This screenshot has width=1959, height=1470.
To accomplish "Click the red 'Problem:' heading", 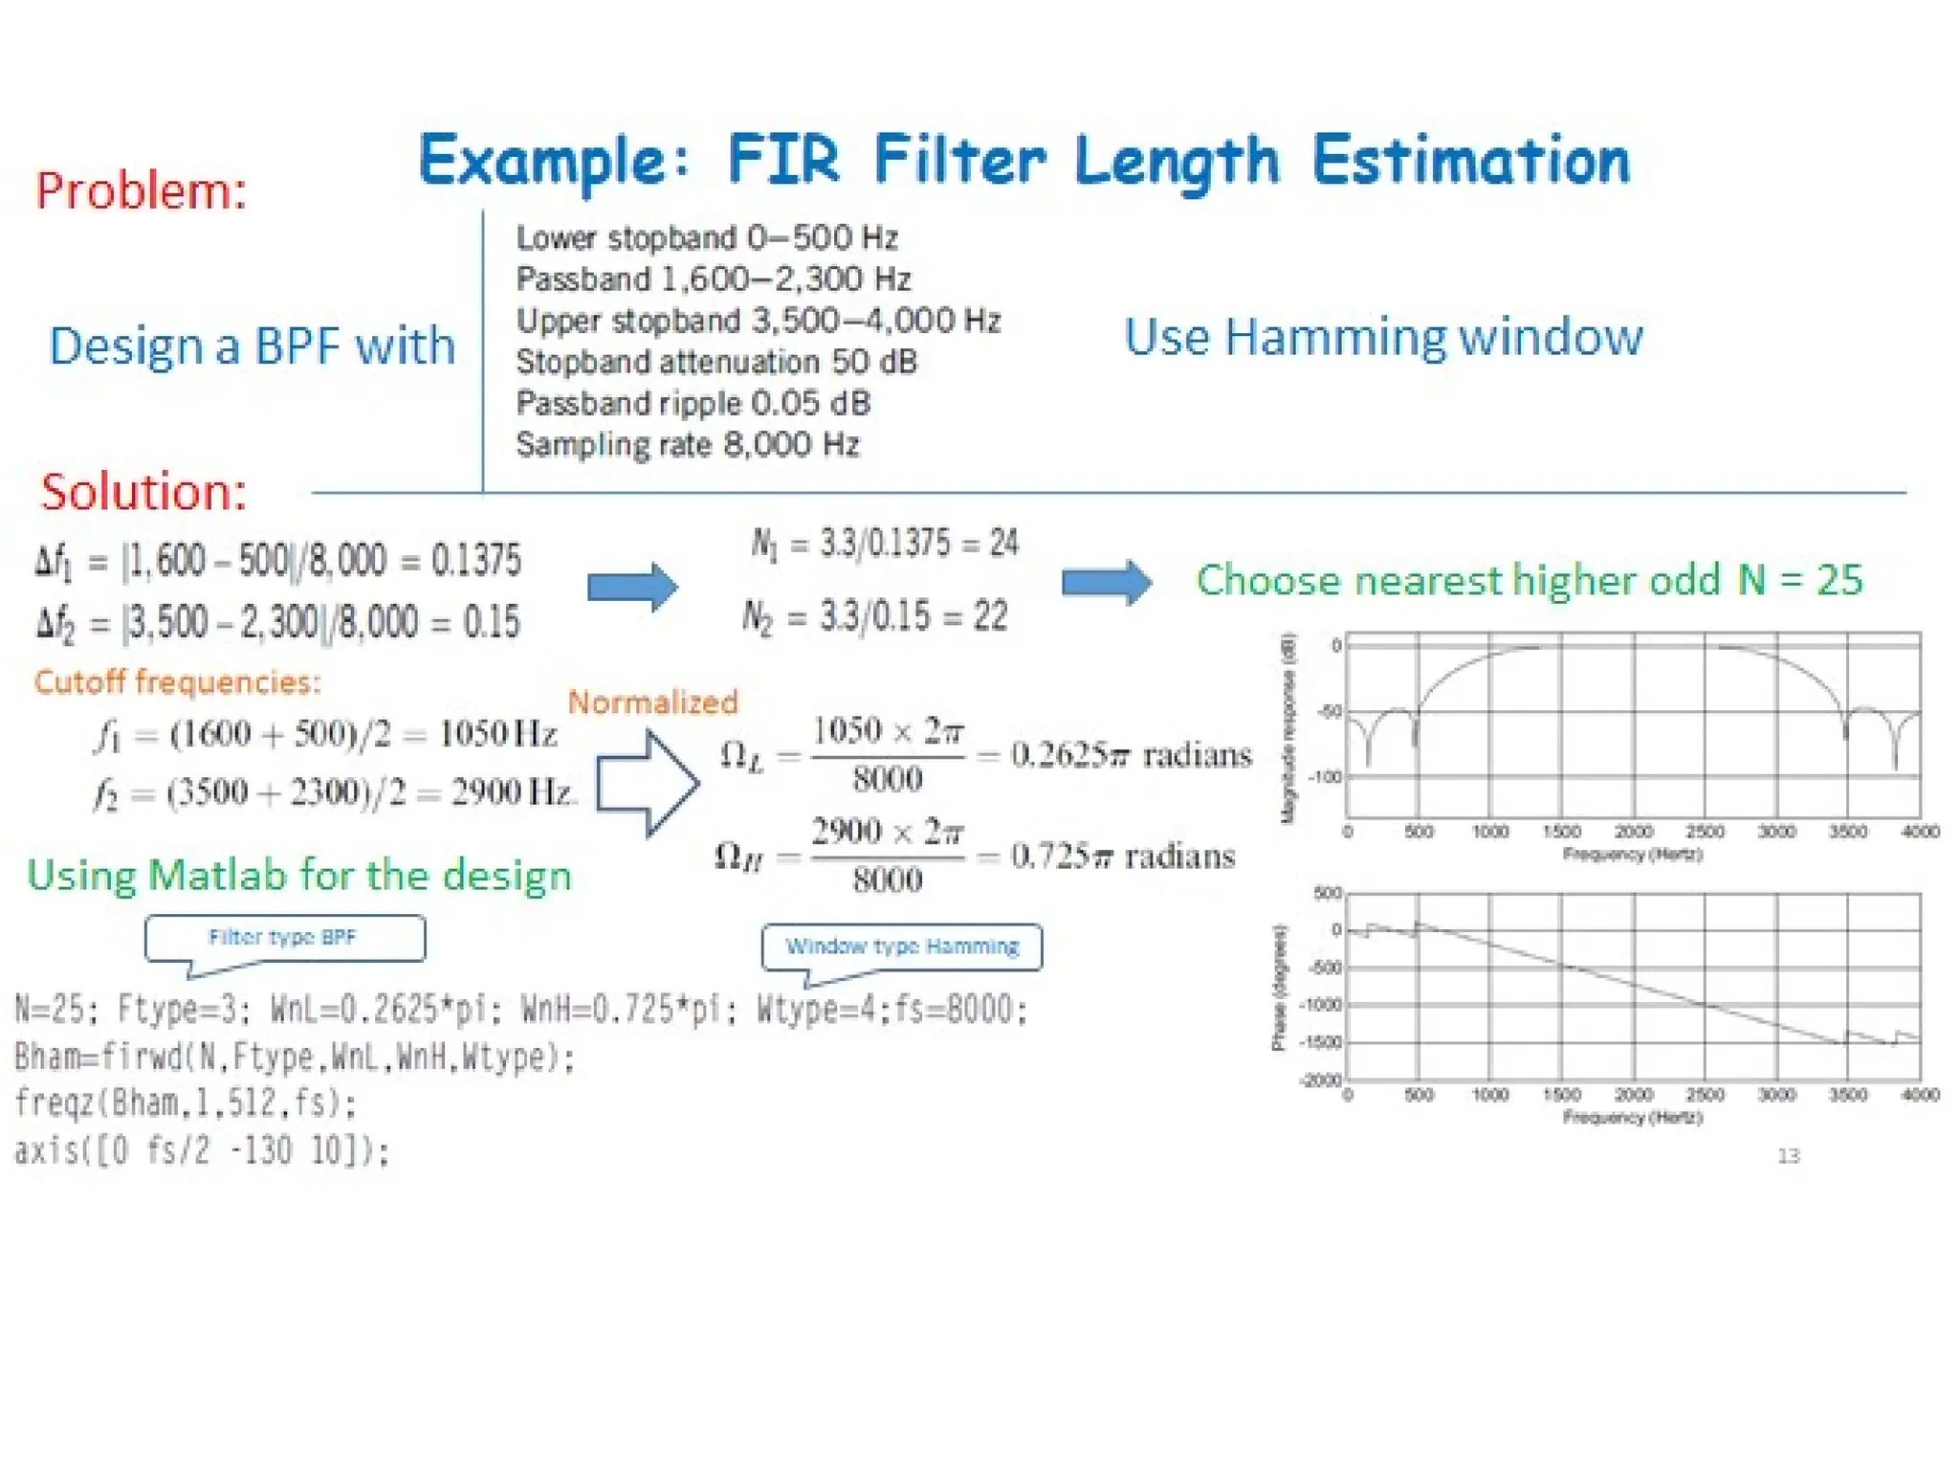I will tap(142, 189).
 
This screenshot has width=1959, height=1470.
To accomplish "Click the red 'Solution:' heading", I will tap(143, 492).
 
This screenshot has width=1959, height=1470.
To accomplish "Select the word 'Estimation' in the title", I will tap(1471, 160).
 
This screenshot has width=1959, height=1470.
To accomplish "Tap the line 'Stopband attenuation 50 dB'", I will tap(716, 362).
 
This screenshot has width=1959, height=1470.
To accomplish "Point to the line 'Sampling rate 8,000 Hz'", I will tap(688, 445).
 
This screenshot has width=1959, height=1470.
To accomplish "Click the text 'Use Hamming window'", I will tap(1383, 337).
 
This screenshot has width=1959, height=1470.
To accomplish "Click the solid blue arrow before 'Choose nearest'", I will tap(1107, 582).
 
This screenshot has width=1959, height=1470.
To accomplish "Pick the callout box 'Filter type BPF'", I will tap(284, 938).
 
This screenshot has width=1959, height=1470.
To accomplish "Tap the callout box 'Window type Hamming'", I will tap(902, 947).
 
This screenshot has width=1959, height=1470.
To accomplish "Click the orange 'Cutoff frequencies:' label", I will tap(178, 681).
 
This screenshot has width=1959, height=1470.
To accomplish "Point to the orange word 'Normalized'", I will tap(653, 702).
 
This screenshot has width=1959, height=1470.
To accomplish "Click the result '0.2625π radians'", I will tap(1132, 755).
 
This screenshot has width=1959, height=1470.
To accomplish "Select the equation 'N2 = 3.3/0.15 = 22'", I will tap(875, 616).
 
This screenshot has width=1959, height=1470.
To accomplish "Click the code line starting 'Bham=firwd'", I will tap(295, 1057).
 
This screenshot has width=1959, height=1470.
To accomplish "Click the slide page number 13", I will tap(1789, 1156).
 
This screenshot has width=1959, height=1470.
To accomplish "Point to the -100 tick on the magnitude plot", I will tap(1326, 776).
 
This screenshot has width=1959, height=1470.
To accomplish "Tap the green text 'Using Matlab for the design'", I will tap(299, 876).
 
